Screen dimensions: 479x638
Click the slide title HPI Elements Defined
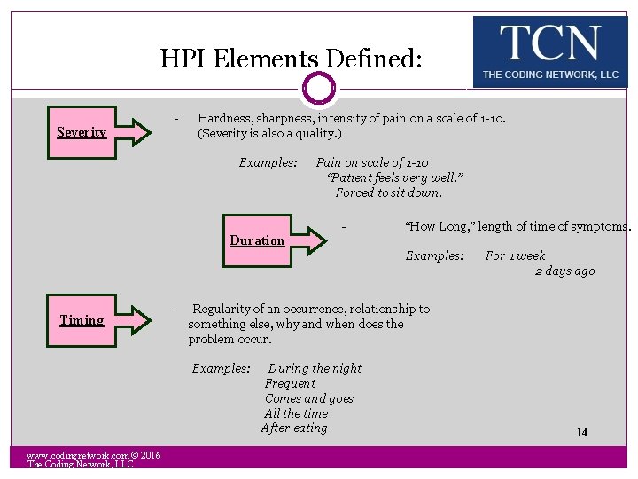(x=292, y=59)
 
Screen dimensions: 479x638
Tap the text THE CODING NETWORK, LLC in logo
(x=550, y=75)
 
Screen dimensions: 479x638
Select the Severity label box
(x=82, y=132)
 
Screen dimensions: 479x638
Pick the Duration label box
(x=257, y=240)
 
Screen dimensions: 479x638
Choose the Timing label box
(x=82, y=320)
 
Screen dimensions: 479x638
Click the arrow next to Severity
(x=135, y=132)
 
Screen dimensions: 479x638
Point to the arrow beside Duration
(x=311, y=240)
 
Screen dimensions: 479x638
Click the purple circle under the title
(x=319, y=88)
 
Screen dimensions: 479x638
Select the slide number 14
(x=582, y=433)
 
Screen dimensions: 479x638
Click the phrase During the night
(x=315, y=368)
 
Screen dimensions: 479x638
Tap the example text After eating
(x=294, y=428)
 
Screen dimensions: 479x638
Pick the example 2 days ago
(x=564, y=271)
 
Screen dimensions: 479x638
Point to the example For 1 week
(x=515, y=255)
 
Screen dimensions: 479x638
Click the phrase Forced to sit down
(x=388, y=192)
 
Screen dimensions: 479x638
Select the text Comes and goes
(x=308, y=398)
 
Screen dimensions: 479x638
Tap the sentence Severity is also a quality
(x=269, y=133)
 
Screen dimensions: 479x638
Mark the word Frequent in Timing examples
(x=290, y=383)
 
